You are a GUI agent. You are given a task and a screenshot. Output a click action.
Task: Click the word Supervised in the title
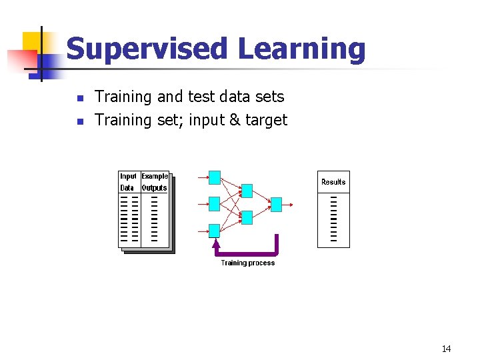pyautogui.click(x=147, y=50)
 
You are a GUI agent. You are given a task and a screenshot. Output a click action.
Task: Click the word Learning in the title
pyautogui.click(x=302, y=50)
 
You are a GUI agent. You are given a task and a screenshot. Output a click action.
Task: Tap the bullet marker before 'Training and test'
pyautogui.click(x=79, y=98)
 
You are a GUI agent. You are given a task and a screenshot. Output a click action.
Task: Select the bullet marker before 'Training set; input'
pyautogui.click(x=79, y=121)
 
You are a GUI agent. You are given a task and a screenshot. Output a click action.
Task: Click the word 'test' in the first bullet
pyautogui.click(x=201, y=97)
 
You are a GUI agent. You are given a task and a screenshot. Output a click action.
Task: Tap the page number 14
pyautogui.click(x=446, y=349)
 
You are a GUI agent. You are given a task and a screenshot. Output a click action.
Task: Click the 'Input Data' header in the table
pyautogui.click(x=128, y=182)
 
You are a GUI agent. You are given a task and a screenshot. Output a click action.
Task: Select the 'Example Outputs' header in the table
pyautogui.click(x=155, y=182)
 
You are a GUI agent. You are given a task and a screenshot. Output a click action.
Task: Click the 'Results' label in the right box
pyautogui.click(x=333, y=182)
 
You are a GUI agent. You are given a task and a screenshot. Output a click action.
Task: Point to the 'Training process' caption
pyautogui.click(x=248, y=263)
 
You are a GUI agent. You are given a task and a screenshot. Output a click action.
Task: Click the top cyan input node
pyautogui.click(x=214, y=177)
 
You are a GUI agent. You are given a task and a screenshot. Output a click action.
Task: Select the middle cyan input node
pyautogui.click(x=214, y=203)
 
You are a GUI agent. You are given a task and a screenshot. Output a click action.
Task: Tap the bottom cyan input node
pyautogui.click(x=214, y=231)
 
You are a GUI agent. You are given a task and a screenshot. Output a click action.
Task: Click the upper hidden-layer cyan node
pyautogui.click(x=246, y=191)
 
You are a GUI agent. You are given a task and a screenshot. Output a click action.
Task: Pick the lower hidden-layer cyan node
pyautogui.click(x=246, y=217)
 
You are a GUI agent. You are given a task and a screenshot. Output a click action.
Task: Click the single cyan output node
pyautogui.click(x=276, y=204)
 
